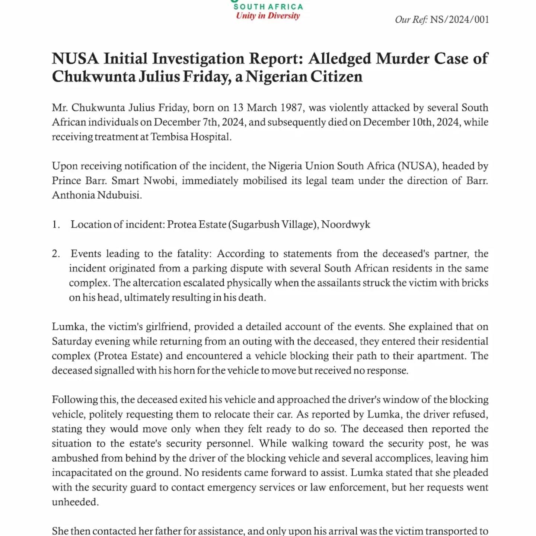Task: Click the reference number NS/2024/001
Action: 459,19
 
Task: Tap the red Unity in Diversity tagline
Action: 268,16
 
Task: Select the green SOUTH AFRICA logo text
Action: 268,7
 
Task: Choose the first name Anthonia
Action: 73,195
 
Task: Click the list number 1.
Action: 55,224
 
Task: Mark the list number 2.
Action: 55,254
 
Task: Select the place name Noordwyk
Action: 346,224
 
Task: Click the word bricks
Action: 475,283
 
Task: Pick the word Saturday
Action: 72,341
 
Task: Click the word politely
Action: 106,414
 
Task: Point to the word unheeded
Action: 75,502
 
